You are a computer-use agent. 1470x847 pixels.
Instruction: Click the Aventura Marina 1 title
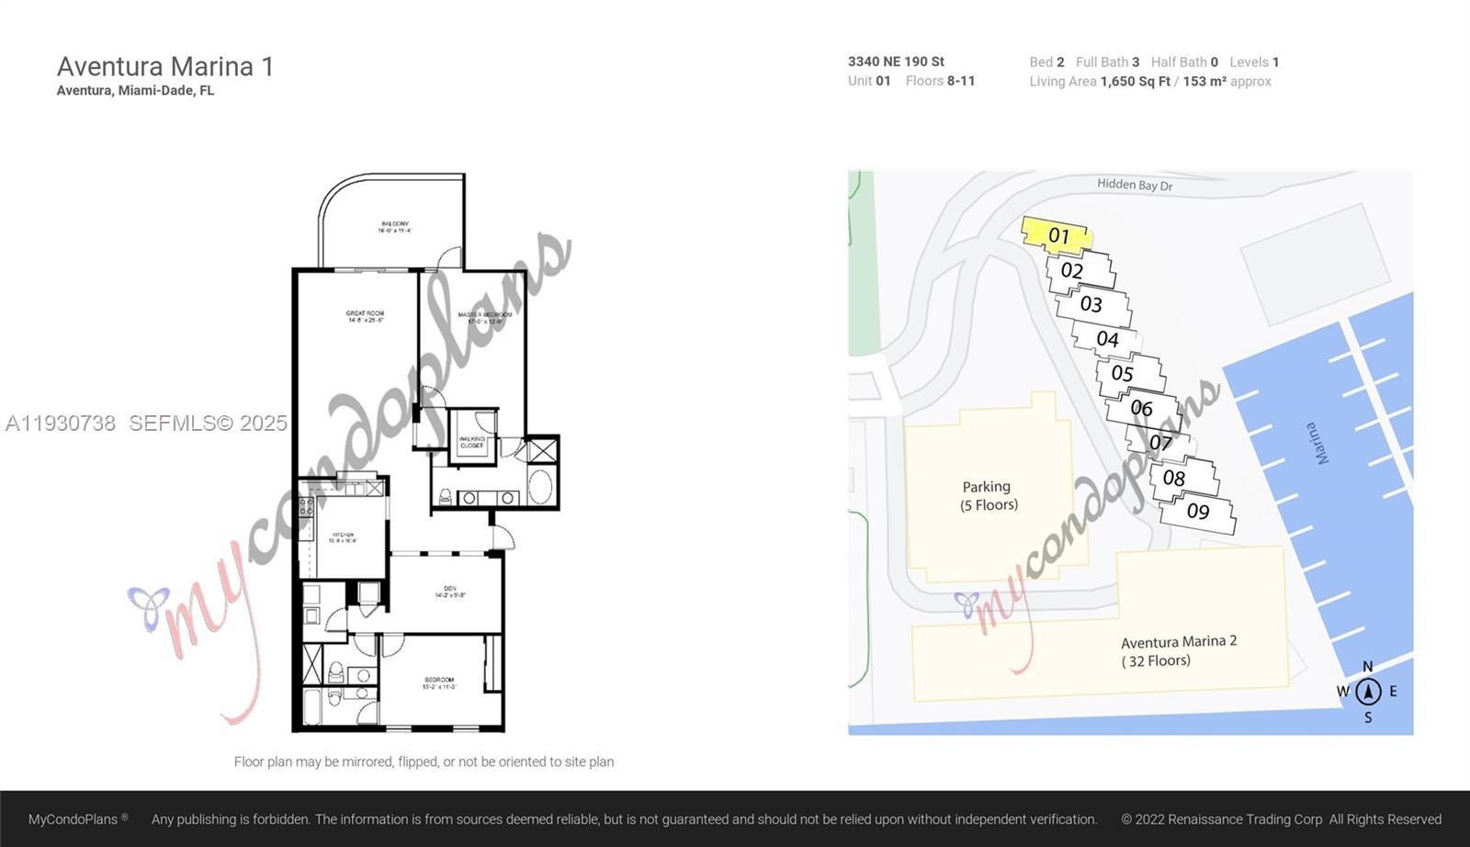(x=165, y=66)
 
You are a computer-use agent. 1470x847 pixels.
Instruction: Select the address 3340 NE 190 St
(x=896, y=62)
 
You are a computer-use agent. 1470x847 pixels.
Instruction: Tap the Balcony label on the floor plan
(x=394, y=227)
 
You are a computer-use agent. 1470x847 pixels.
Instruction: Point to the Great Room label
(x=365, y=317)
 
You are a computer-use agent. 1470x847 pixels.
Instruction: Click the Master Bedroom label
(x=484, y=318)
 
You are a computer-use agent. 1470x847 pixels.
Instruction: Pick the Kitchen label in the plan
(x=343, y=537)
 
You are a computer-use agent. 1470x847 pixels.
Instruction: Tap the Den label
(x=449, y=592)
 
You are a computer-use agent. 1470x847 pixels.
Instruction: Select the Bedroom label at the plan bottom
(x=438, y=683)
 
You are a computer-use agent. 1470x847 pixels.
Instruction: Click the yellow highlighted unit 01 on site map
(x=1058, y=235)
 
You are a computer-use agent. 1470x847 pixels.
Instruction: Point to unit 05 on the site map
(x=1122, y=373)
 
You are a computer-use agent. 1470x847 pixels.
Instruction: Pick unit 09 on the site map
(x=1197, y=511)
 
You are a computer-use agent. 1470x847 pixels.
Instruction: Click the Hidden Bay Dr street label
(x=1135, y=185)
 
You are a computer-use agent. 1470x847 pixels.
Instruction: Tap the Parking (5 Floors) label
(x=989, y=495)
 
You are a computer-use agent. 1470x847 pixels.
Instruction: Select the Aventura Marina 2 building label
(x=1178, y=650)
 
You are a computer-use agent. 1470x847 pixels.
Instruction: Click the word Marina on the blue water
(x=1317, y=443)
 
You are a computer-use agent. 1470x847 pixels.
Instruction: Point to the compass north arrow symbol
(x=1368, y=691)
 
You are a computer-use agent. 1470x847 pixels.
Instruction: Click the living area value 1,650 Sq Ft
(x=1136, y=82)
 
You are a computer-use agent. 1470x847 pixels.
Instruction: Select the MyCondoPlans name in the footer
(x=73, y=819)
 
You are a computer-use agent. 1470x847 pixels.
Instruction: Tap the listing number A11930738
(x=61, y=423)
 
